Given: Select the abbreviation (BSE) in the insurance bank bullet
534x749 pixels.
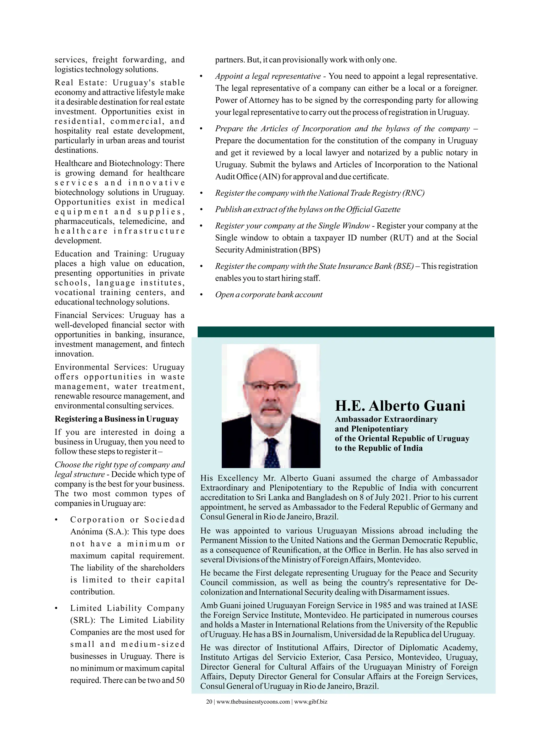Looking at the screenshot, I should tap(403, 266).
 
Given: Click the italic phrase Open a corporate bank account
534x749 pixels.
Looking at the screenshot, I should tap(269, 295).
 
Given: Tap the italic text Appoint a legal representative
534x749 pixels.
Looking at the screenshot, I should tap(268, 76).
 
